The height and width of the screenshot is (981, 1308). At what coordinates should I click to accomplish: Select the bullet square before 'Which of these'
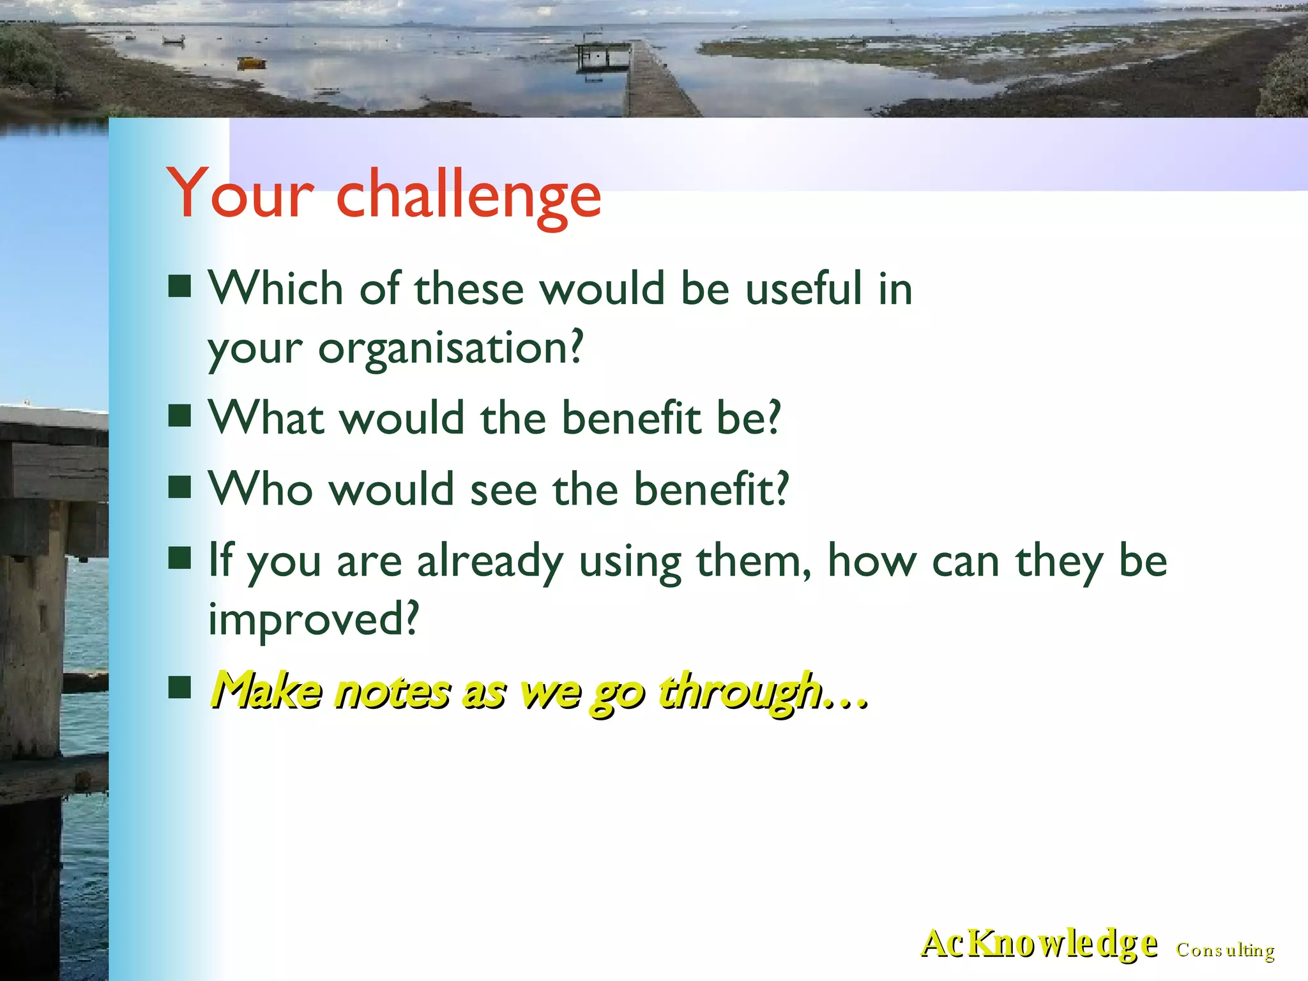click(x=180, y=287)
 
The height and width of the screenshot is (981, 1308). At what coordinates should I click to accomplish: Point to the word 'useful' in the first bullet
click(x=804, y=288)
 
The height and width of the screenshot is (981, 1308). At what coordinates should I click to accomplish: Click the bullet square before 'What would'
click(x=180, y=416)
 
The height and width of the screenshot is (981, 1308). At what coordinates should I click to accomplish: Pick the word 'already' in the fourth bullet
click(x=490, y=561)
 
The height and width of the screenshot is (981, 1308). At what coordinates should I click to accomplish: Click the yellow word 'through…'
click(x=763, y=690)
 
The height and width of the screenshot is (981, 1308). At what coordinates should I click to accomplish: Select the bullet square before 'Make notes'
click(x=180, y=688)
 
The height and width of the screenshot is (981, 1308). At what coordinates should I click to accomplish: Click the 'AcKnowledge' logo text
click(x=1038, y=944)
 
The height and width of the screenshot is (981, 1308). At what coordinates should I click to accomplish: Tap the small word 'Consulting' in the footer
click(x=1225, y=950)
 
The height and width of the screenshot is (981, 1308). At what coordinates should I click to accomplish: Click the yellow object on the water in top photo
click(x=250, y=63)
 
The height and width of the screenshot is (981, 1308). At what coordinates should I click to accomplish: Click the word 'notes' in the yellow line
click(x=393, y=692)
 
